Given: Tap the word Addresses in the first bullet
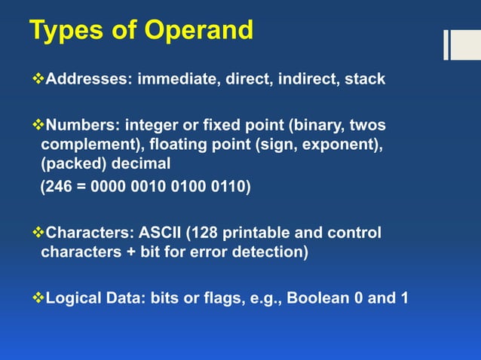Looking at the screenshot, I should (x=87, y=78).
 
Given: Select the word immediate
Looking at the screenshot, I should (x=175, y=78).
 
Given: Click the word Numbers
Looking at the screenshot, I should (x=80, y=124).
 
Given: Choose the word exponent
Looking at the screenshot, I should (x=335, y=144).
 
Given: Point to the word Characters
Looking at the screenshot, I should (x=89, y=232).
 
